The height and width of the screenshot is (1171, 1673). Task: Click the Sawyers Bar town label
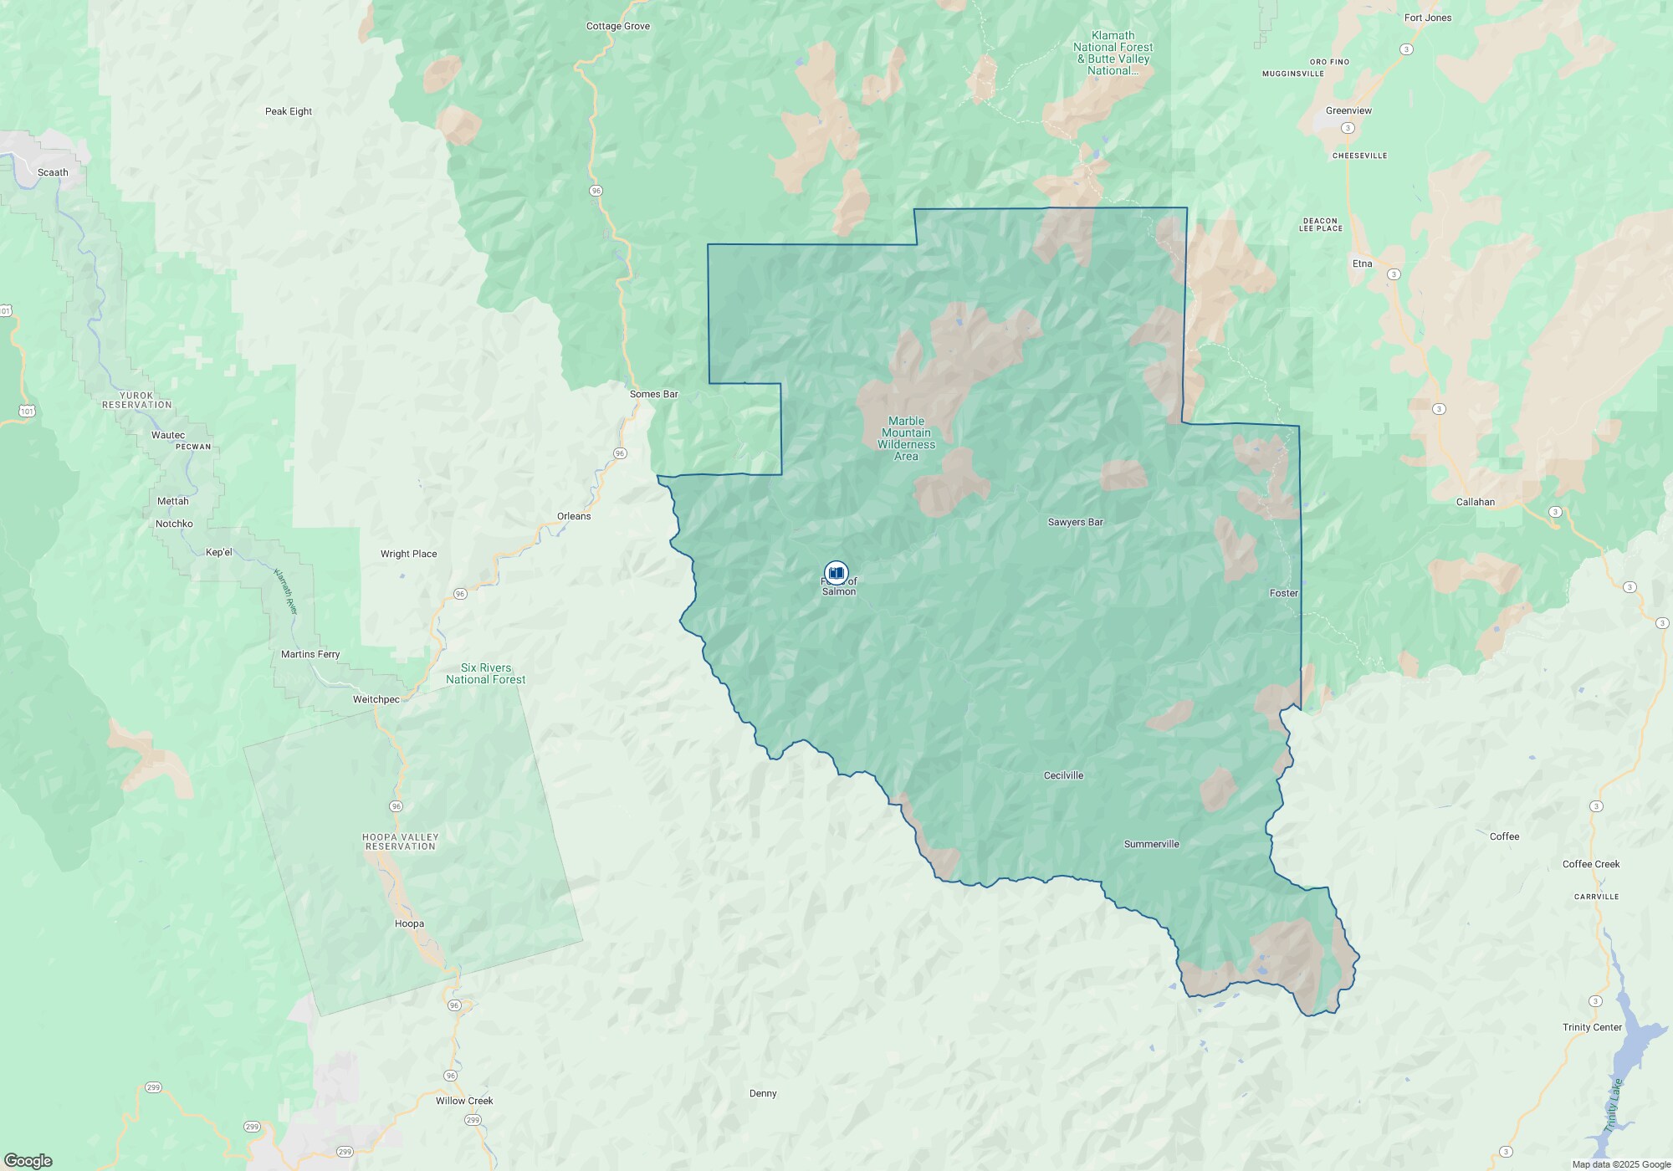tap(1075, 522)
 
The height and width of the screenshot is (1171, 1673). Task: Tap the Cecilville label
tap(1063, 775)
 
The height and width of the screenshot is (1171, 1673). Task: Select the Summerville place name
tap(1151, 844)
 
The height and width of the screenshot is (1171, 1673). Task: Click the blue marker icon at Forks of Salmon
tap(836, 573)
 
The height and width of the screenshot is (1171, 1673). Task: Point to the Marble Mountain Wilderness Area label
tap(906, 438)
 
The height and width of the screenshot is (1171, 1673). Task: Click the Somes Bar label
tap(653, 394)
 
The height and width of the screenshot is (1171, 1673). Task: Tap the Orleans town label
tap(574, 516)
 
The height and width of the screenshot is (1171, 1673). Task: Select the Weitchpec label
tap(376, 699)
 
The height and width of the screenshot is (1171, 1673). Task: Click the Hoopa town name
tap(409, 923)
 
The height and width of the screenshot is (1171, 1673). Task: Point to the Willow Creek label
tap(464, 1101)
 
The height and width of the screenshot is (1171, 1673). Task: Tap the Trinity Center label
tap(1592, 1027)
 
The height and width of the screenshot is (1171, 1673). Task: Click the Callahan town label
tap(1475, 502)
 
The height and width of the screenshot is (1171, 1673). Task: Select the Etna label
tap(1362, 263)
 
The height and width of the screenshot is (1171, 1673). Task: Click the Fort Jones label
tap(1428, 18)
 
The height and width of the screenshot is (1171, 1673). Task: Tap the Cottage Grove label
tap(617, 26)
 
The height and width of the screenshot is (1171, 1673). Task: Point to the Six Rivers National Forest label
tap(485, 673)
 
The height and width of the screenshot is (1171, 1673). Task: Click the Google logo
tap(28, 1160)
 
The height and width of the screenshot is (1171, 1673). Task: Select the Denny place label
tap(763, 1093)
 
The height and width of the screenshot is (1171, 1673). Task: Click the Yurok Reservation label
tap(137, 400)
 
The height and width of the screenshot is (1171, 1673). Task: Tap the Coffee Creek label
tap(1591, 864)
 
